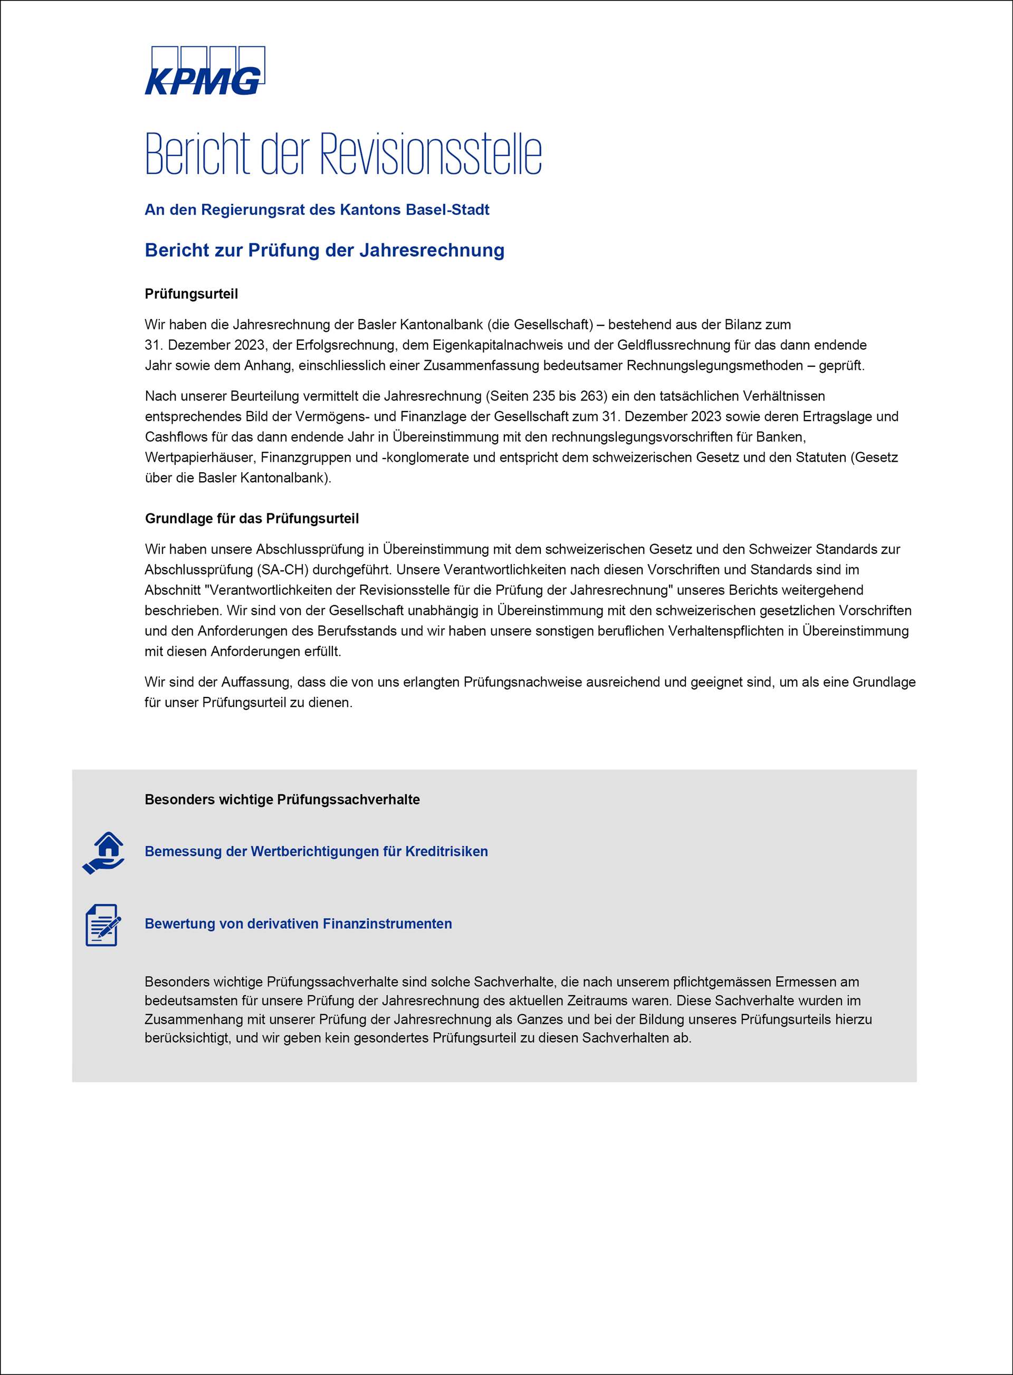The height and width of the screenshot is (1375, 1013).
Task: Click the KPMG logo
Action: click(x=205, y=71)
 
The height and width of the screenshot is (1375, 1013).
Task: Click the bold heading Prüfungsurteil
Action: click(x=192, y=294)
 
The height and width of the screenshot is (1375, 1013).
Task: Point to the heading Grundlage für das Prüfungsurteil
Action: click(x=252, y=518)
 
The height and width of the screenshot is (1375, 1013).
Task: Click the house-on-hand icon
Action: click(x=103, y=853)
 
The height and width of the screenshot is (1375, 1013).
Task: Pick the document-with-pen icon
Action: click(x=102, y=925)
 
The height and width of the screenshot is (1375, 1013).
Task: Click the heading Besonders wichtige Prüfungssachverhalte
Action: click(x=282, y=800)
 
